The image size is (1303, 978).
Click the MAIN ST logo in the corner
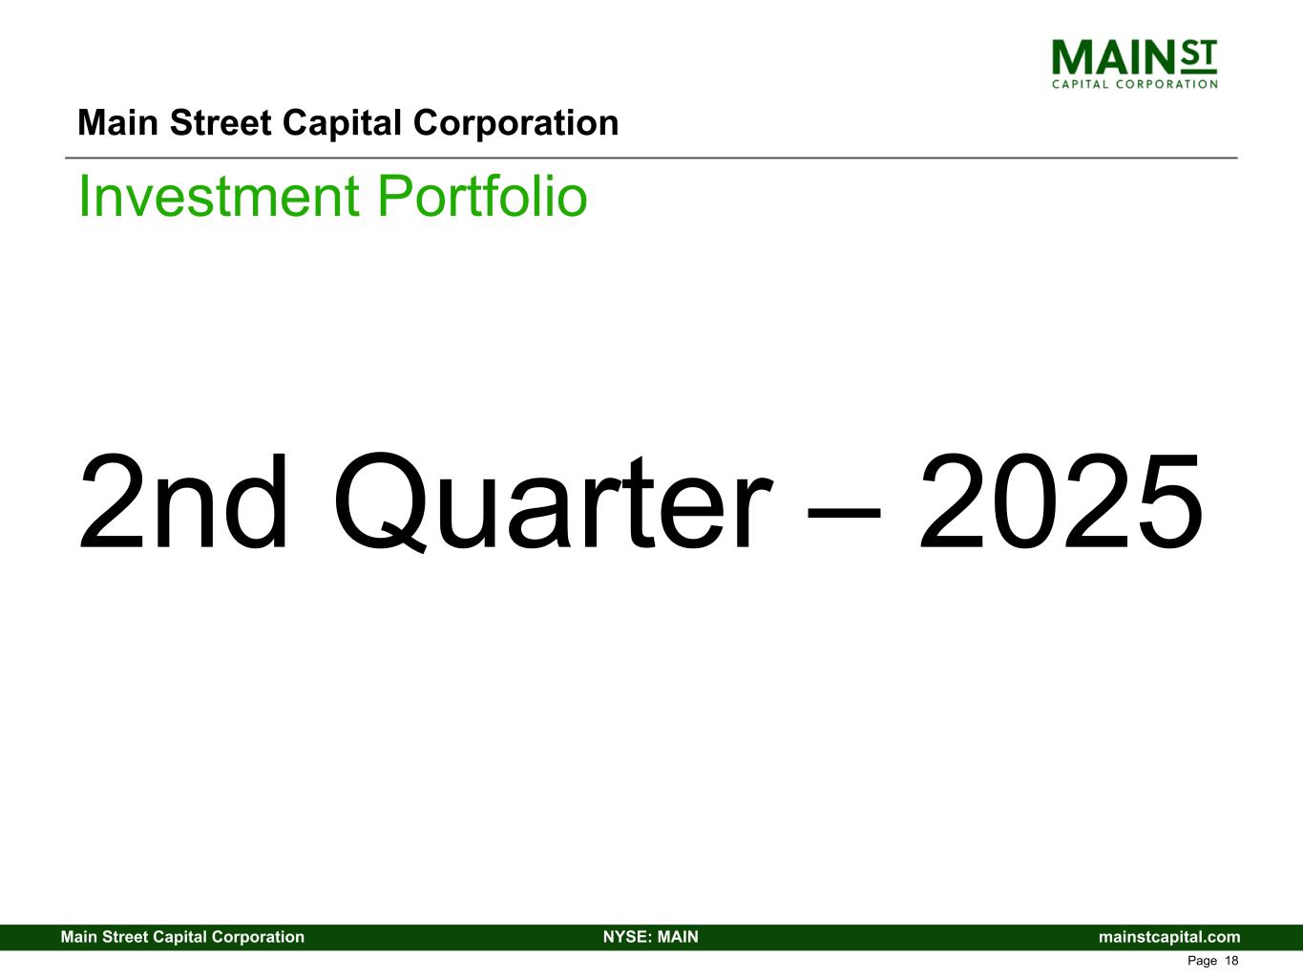(x=1134, y=64)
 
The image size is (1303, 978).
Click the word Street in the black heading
(x=221, y=123)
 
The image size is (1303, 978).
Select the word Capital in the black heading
(x=342, y=124)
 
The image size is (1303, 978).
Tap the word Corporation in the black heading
(x=515, y=124)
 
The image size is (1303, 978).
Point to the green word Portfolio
(x=482, y=196)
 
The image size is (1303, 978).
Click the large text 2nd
(x=183, y=501)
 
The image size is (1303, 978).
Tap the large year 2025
(x=1061, y=501)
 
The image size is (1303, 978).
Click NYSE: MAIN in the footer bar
(x=651, y=937)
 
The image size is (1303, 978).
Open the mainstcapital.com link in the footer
(x=1169, y=937)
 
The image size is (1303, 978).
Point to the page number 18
(x=1231, y=961)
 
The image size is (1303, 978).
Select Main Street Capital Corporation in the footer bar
(x=182, y=937)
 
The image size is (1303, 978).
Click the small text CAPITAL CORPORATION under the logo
(x=1134, y=84)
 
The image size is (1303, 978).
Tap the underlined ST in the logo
(x=1198, y=56)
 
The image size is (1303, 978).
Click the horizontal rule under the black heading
(x=651, y=158)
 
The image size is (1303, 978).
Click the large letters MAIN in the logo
(x=1113, y=57)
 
